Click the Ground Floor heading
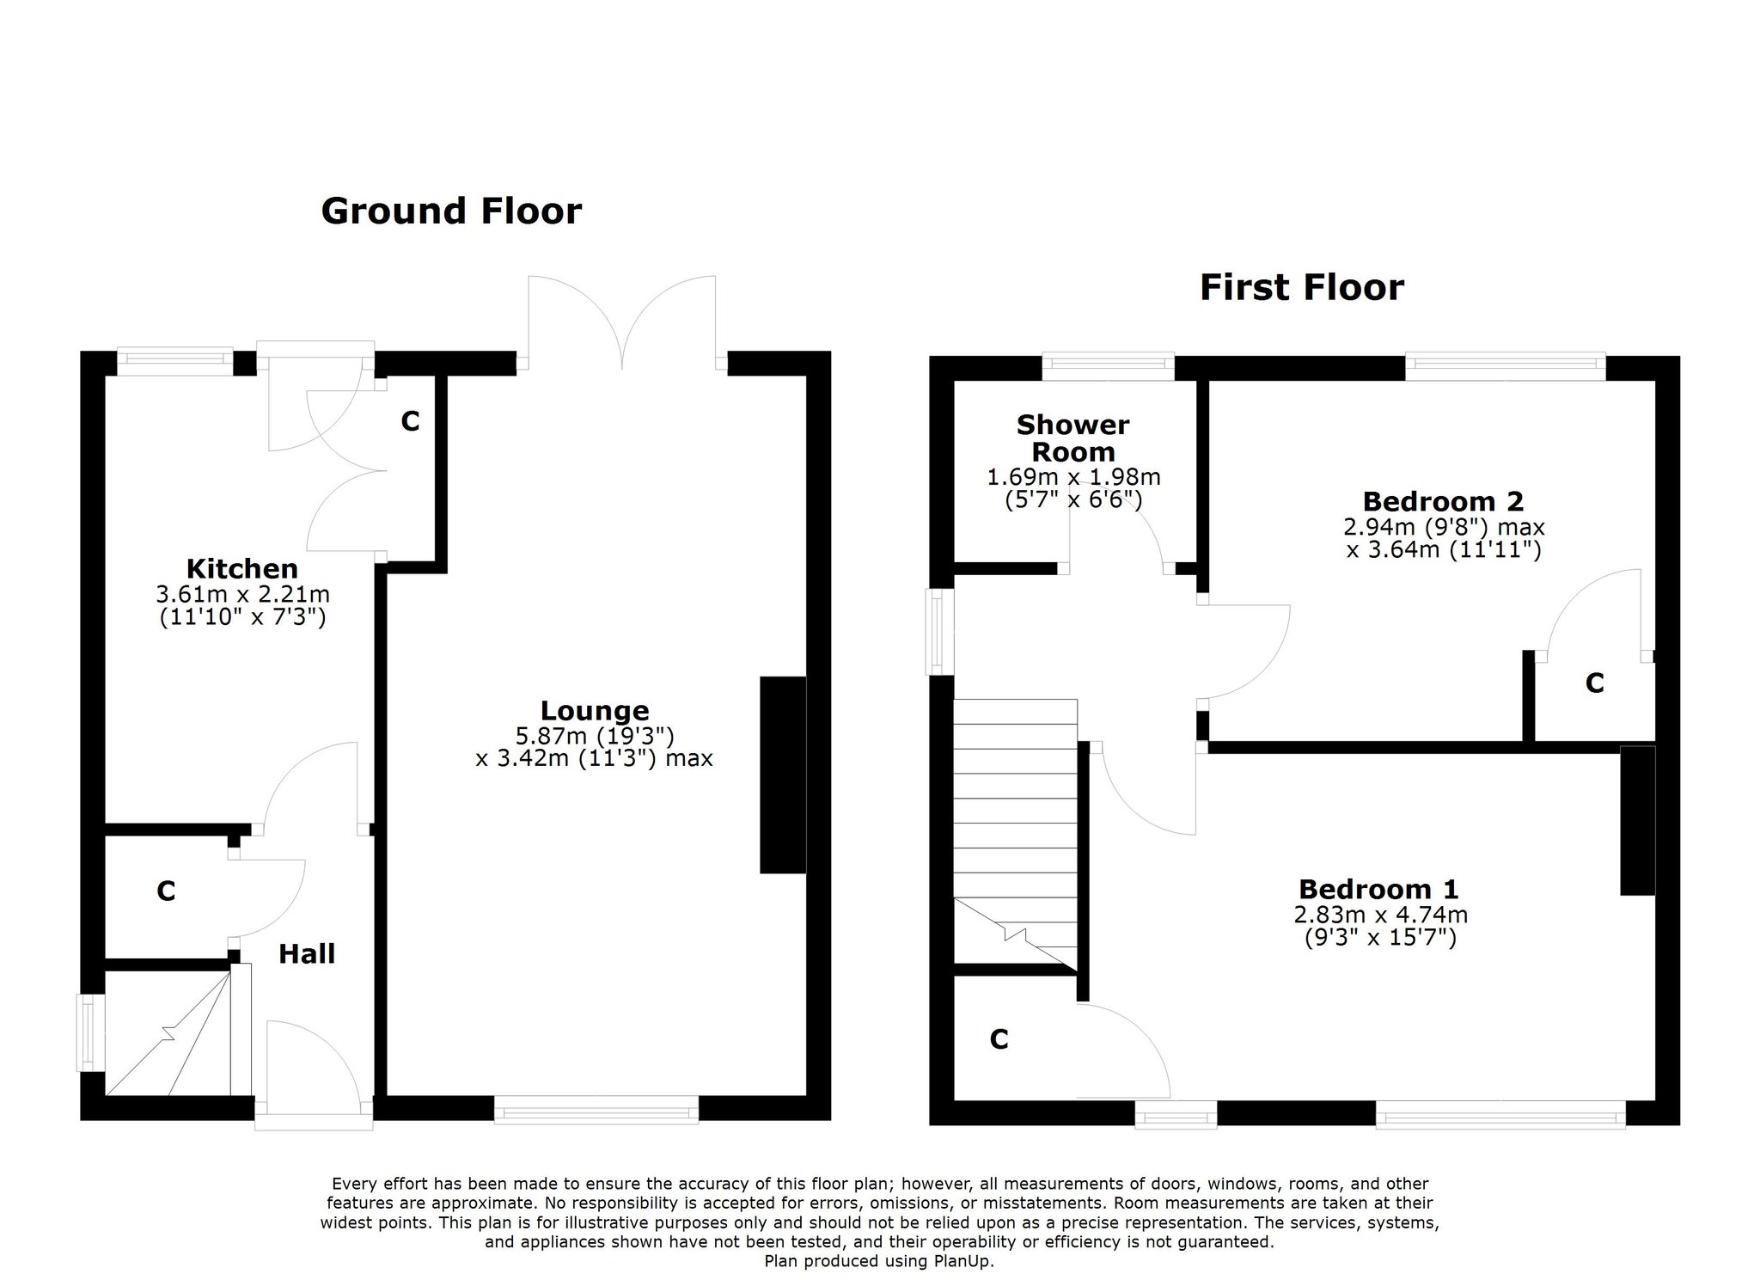451,211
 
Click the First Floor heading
1301,288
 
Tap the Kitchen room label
242,568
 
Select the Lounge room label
595,711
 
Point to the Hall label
307,953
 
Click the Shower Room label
1073,438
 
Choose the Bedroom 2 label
1444,501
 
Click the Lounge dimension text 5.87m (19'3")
595,736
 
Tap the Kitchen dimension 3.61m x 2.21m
243,594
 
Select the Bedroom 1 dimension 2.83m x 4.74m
1380,915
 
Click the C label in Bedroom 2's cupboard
1595,683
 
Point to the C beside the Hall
166,891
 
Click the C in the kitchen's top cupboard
411,421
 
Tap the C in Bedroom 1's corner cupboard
999,1040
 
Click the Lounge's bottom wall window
596,1109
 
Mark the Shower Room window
1109,367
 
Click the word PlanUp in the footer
962,1262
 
